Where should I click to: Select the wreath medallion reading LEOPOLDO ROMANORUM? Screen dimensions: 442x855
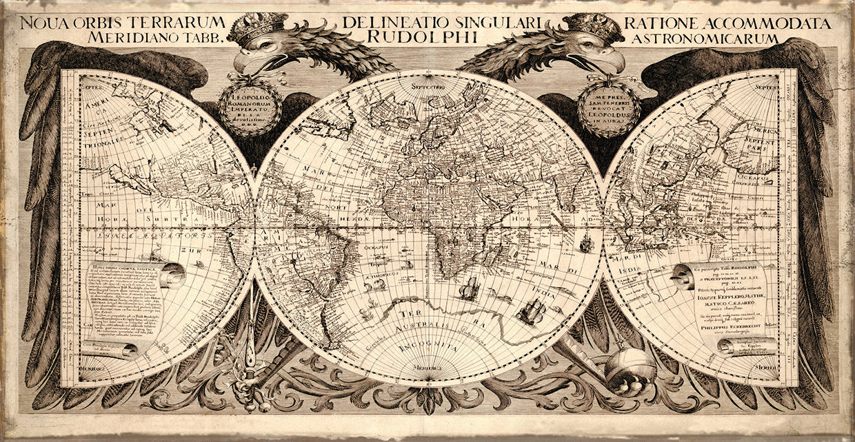pos(250,107)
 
